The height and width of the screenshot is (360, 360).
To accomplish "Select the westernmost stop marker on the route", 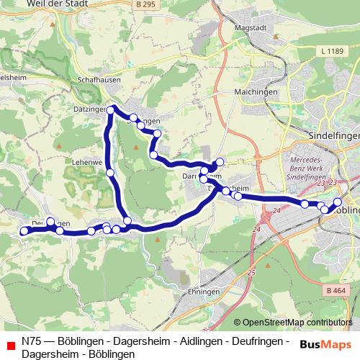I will coord(24,231).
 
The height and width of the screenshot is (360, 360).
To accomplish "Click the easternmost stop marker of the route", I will coord(338,201).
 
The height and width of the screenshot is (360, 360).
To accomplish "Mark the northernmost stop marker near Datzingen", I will coord(111,109).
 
